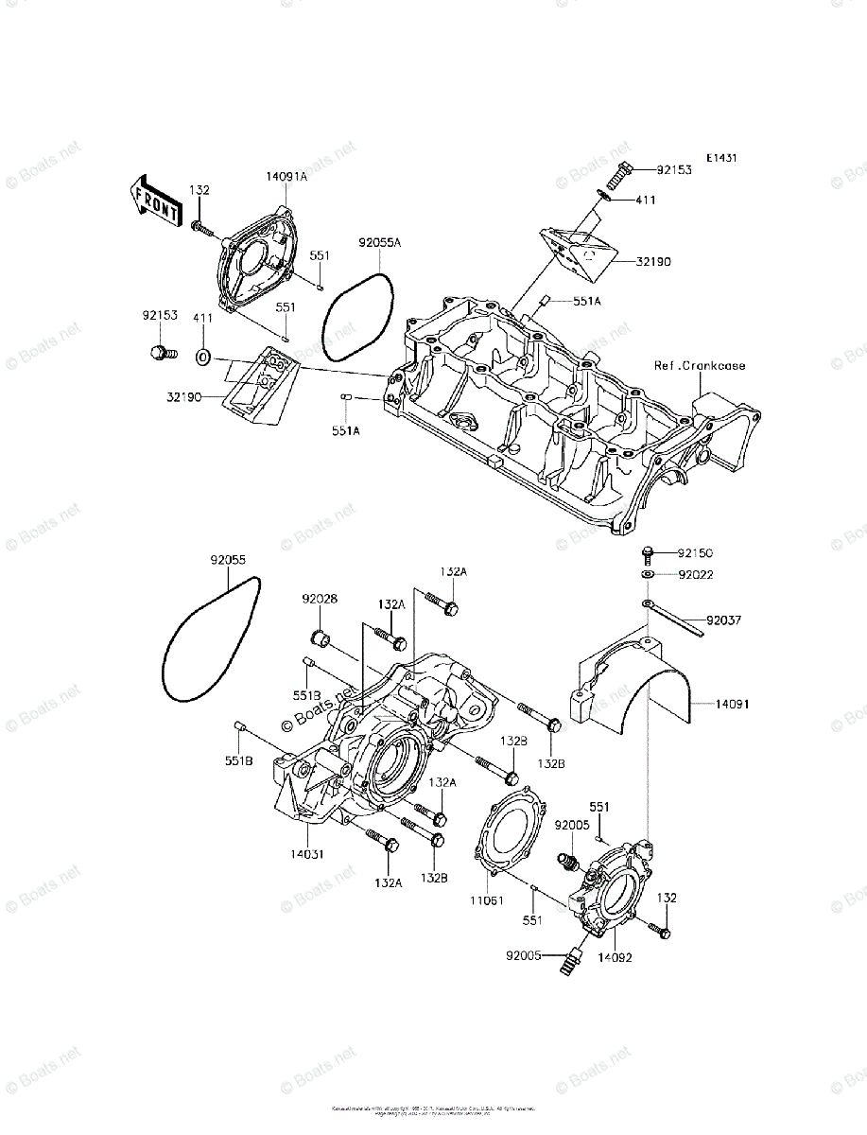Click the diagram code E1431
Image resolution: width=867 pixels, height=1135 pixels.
[x=720, y=158]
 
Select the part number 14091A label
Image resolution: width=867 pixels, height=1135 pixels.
[x=286, y=176]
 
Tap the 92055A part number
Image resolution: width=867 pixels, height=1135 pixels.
[x=379, y=242]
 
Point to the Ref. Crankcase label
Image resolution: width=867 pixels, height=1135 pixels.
[x=699, y=365]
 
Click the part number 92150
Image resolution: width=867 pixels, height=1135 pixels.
[x=695, y=551]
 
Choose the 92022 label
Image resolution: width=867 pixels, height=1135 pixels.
[x=695, y=574]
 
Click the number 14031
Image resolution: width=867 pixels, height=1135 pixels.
[x=307, y=853]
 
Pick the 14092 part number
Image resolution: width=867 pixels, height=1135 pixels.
[x=615, y=956]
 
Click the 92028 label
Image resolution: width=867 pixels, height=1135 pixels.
[x=321, y=599]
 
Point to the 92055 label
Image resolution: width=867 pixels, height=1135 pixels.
[x=228, y=560]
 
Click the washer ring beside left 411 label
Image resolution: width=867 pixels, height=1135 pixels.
[x=202, y=358]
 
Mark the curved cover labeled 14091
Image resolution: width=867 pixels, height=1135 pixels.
[x=643, y=690]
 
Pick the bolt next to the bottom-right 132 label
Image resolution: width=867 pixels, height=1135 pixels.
[x=660, y=933]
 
